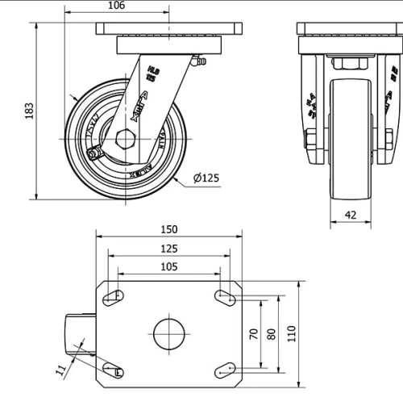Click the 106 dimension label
115,6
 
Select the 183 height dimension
30,110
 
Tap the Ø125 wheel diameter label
207,178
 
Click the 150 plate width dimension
169,229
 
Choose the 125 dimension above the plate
169,249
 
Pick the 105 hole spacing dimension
169,267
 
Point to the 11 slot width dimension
60,370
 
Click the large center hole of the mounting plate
169,333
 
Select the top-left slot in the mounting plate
114,298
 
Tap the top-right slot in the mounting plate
225,298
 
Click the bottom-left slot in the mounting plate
114,370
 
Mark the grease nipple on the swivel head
197,61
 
